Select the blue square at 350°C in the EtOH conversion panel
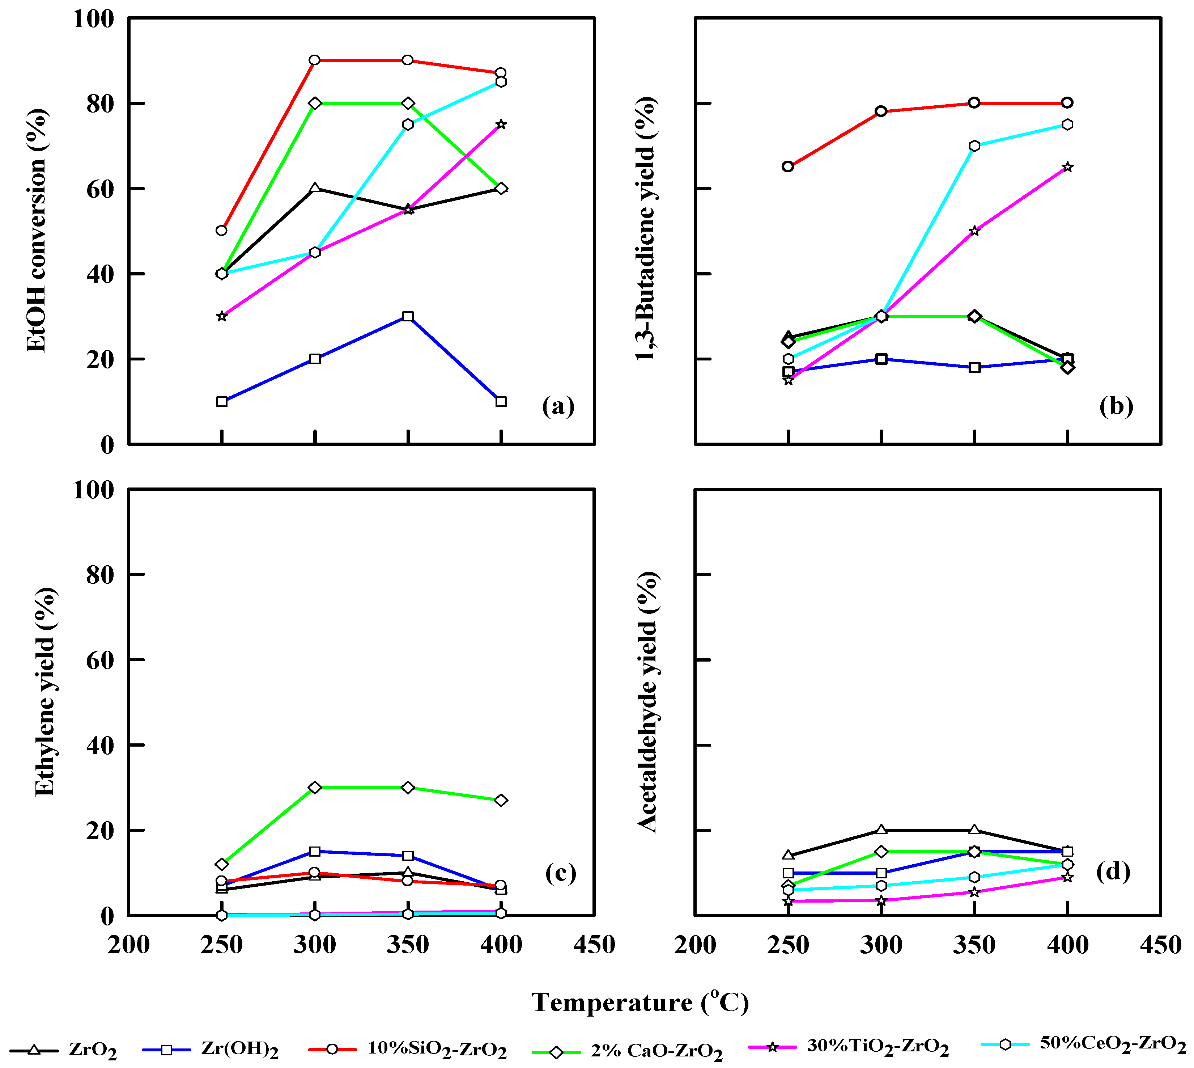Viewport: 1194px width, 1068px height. pos(408,316)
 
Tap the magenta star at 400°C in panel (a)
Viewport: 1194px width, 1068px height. pos(501,124)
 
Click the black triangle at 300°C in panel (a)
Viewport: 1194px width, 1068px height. pos(315,188)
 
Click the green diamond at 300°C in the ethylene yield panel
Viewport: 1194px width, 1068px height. pos(315,788)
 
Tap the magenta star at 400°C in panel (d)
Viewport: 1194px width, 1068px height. pos(1067,877)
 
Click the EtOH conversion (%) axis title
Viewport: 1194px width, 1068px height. pos(37,230)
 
